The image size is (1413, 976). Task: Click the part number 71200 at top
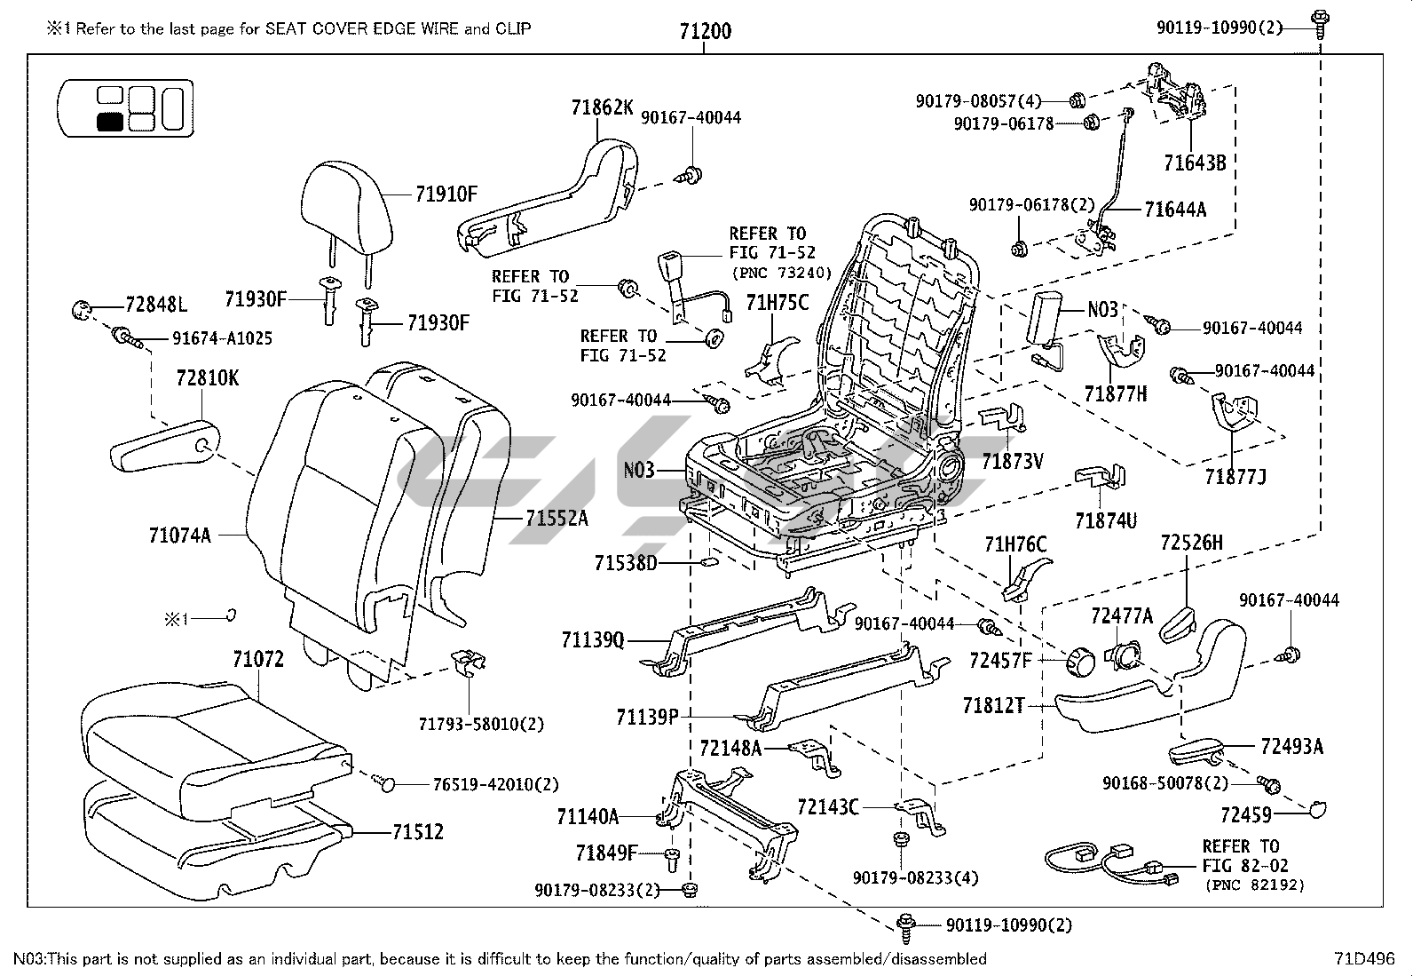pyautogui.click(x=705, y=31)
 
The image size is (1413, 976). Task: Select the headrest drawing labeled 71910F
pyautogui.click(x=345, y=202)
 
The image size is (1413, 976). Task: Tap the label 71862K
pyautogui.click(x=602, y=108)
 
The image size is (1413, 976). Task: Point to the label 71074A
pyautogui.click(x=180, y=536)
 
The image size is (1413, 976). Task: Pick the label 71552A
pyautogui.click(x=556, y=518)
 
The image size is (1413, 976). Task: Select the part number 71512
pyautogui.click(x=418, y=832)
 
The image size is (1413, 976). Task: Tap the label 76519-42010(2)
pyautogui.click(x=495, y=784)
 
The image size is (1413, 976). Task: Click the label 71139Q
pyautogui.click(x=593, y=639)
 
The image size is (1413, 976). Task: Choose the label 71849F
pyautogui.click(x=606, y=854)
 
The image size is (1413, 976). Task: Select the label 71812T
pyautogui.click(x=993, y=706)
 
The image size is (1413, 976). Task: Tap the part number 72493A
pyautogui.click(x=1291, y=747)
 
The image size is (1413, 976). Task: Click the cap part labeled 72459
pyautogui.click(x=1317, y=808)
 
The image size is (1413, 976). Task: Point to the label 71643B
pyautogui.click(x=1195, y=163)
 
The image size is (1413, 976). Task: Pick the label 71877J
pyautogui.click(x=1235, y=477)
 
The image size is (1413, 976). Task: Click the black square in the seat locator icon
pyautogui.click(x=110, y=122)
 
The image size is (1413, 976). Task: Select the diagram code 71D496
pyautogui.click(x=1364, y=959)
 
